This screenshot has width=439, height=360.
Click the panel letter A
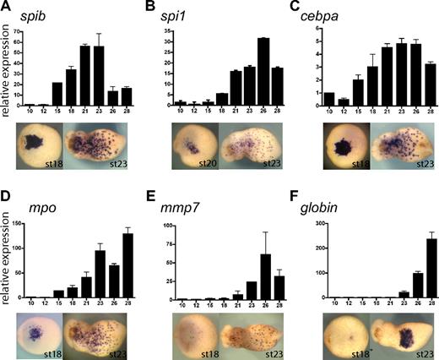(6, 8)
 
